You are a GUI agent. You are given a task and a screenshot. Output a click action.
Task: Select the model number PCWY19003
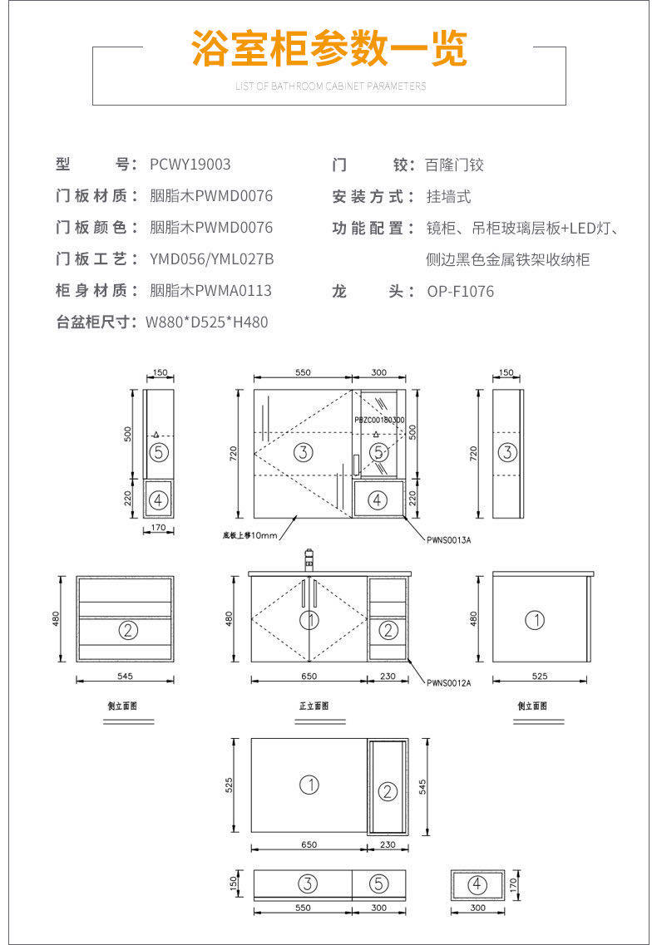click(x=190, y=165)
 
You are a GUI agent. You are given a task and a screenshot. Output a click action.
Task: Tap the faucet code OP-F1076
click(x=460, y=291)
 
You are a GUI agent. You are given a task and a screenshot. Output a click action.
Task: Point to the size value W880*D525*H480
click(x=207, y=322)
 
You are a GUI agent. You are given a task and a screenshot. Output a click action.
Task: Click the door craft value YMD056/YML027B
click(x=212, y=259)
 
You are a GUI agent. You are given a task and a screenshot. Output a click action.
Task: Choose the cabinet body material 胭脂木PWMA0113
click(x=210, y=291)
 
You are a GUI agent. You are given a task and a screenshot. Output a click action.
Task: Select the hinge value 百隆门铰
click(x=454, y=165)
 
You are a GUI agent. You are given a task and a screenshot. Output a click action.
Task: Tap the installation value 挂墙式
click(x=448, y=197)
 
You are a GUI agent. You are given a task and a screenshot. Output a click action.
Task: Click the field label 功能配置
click(x=373, y=228)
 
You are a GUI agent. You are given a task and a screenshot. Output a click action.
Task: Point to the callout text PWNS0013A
click(x=449, y=539)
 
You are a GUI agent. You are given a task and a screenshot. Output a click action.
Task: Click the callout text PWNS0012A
click(x=449, y=683)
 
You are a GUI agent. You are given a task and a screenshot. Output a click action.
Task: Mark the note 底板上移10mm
click(x=249, y=535)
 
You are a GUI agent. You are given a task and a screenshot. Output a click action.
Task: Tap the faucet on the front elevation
click(x=309, y=559)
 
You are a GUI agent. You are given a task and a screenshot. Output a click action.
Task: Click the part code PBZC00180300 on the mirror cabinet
click(x=379, y=421)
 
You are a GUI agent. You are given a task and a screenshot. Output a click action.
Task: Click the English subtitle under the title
click(x=330, y=86)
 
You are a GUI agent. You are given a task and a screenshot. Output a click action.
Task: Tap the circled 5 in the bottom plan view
click(x=378, y=883)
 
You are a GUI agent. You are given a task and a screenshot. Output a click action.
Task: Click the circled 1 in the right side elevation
click(x=536, y=620)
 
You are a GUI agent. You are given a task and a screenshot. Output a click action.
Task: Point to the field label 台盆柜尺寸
click(x=96, y=322)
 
